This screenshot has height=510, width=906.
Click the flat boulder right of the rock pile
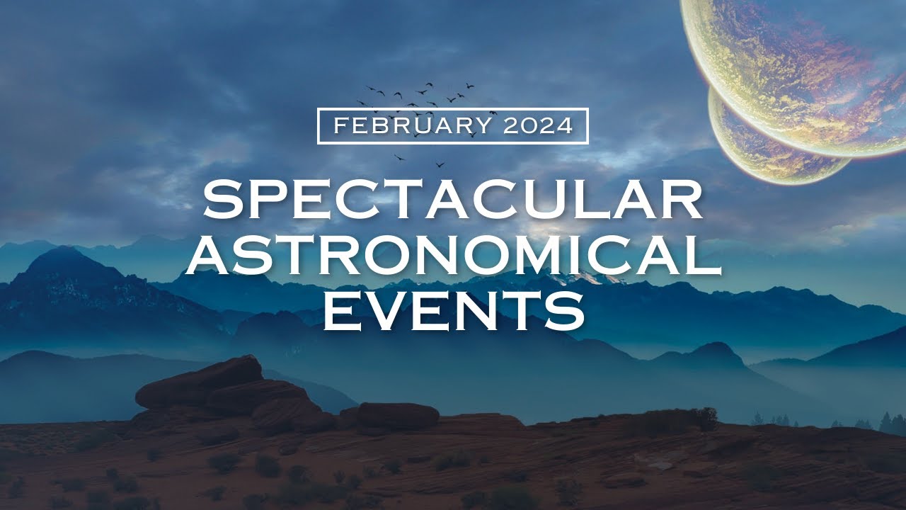[398, 415]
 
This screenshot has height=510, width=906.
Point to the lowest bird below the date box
[440, 165]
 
